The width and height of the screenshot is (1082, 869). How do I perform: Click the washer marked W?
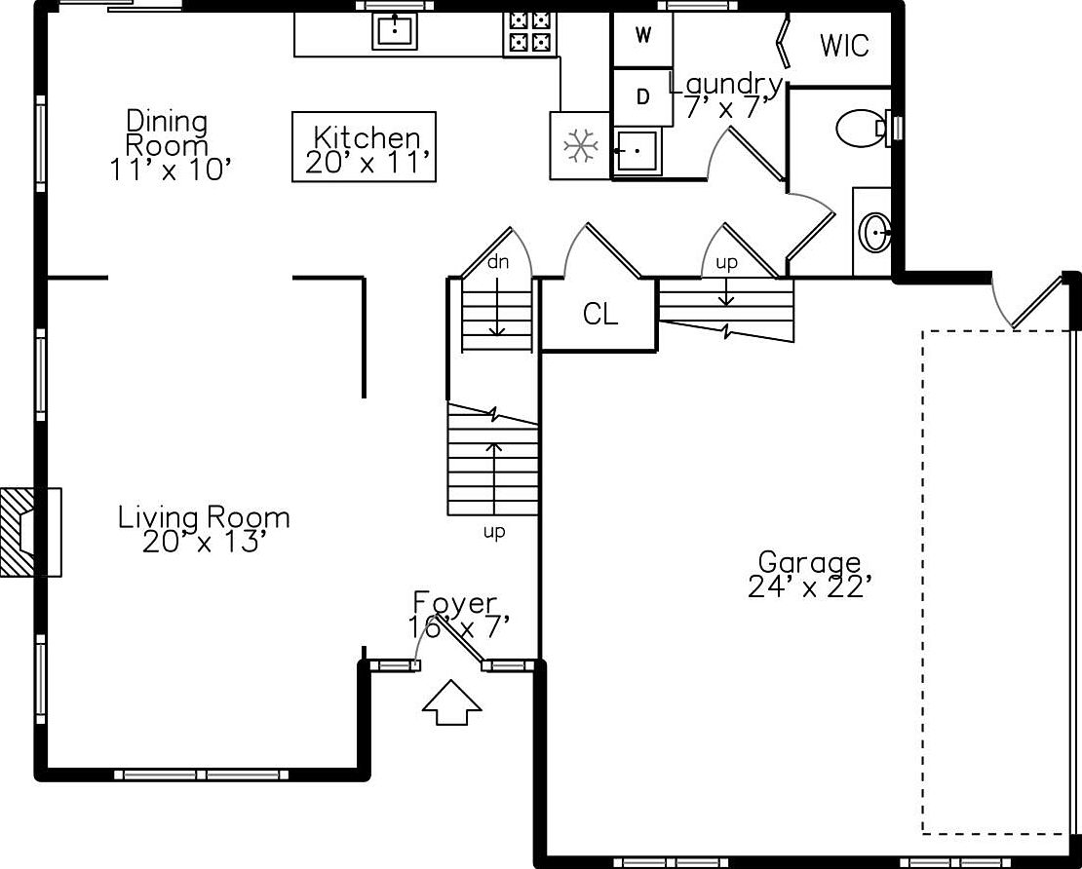tap(642, 39)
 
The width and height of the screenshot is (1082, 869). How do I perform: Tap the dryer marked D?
tap(642, 97)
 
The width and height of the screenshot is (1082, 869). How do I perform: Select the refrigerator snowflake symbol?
tap(580, 146)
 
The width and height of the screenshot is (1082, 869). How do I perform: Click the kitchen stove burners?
tap(530, 33)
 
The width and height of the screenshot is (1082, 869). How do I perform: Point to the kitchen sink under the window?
tap(395, 31)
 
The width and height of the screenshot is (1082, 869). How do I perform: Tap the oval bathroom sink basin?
tap(874, 233)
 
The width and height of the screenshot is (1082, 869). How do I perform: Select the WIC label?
tap(844, 46)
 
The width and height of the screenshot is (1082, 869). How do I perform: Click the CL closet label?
tap(600, 315)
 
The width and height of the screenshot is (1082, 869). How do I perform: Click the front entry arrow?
tap(451, 702)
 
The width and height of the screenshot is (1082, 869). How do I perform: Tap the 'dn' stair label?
tap(497, 262)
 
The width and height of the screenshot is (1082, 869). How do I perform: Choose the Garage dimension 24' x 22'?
tap(806, 586)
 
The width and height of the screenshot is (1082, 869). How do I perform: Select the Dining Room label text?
tap(167, 132)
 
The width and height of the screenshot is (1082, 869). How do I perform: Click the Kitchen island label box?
tap(364, 147)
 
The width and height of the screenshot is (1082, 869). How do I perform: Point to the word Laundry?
tap(726, 85)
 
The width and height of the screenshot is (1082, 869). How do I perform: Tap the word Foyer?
tap(455, 603)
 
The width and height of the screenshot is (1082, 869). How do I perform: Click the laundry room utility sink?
tap(638, 150)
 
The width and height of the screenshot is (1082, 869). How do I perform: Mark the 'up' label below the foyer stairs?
tap(494, 533)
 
